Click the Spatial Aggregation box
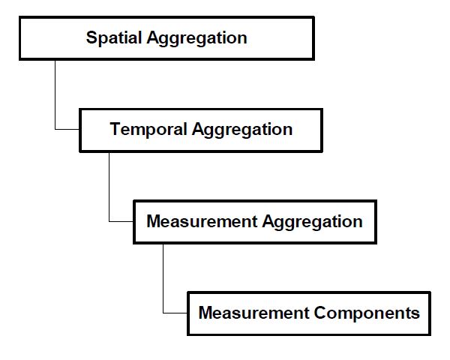point(166,38)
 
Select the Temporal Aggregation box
point(201,130)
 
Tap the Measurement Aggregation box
point(254,222)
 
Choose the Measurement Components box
point(308,313)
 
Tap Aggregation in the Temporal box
point(242,130)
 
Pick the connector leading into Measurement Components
point(163,277)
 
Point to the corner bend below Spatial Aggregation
point(55,130)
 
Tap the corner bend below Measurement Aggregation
point(163,313)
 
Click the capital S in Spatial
point(91,38)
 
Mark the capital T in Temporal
point(115,129)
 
